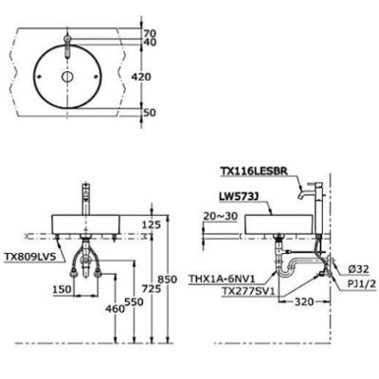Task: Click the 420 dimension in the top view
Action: [x=141, y=77]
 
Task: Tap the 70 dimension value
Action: [x=150, y=33]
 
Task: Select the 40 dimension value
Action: [x=150, y=42]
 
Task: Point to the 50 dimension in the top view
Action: [x=150, y=113]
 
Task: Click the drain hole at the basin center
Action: [x=67, y=76]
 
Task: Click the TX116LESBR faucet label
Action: [x=254, y=171]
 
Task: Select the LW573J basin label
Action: [x=239, y=196]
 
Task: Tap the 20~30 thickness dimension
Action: [x=220, y=216]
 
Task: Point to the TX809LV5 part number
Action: [x=30, y=257]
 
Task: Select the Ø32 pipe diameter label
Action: [x=358, y=269]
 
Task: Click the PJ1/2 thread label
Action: [x=361, y=284]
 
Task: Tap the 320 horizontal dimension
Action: [x=304, y=302]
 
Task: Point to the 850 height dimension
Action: [x=167, y=280]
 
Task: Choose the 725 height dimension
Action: [x=152, y=288]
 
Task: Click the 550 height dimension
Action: [x=134, y=302]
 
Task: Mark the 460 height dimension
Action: [x=115, y=309]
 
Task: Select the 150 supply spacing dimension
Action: [x=62, y=289]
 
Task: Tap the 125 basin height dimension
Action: [x=152, y=225]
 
